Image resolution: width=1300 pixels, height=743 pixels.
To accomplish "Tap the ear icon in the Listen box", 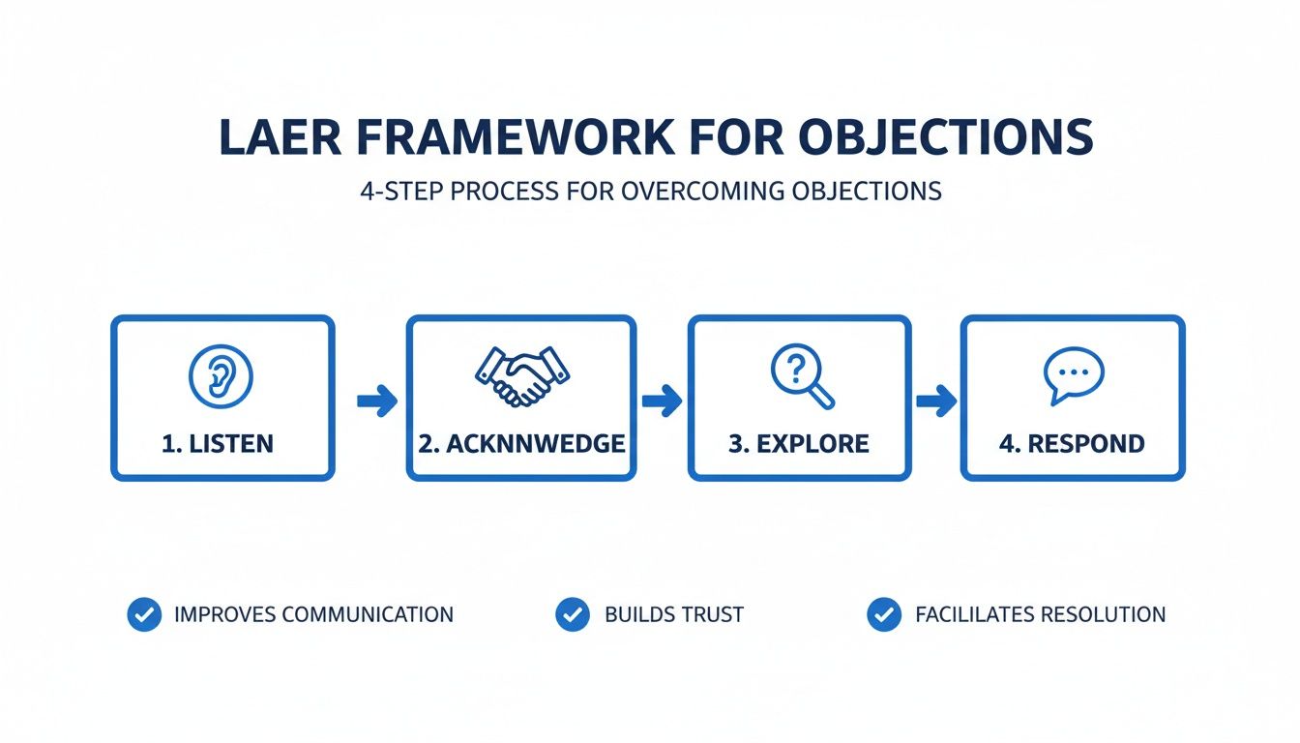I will tap(222, 375).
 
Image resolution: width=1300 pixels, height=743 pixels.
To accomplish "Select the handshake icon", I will tap(521, 375).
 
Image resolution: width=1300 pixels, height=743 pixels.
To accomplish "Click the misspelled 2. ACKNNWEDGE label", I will tap(521, 444).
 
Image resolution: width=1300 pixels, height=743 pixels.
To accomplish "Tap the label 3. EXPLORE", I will tap(799, 444).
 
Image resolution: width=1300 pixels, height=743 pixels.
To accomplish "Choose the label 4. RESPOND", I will tap(1072, 444).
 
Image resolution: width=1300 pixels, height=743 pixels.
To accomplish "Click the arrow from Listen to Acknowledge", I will tap(376, 401).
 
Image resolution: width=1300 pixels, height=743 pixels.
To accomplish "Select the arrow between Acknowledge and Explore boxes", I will tap(662, 401).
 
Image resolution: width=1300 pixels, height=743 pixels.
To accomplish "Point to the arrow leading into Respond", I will tap(935, 401).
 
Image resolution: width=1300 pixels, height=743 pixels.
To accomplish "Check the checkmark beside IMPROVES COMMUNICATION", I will tap(144, 614).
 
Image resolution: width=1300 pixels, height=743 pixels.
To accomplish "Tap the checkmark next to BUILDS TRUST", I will tap(573, 614).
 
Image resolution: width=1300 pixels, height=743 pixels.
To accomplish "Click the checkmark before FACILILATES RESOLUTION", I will tap(883, 614).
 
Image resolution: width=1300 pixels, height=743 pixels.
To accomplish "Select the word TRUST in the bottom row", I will tap(711, 614).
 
